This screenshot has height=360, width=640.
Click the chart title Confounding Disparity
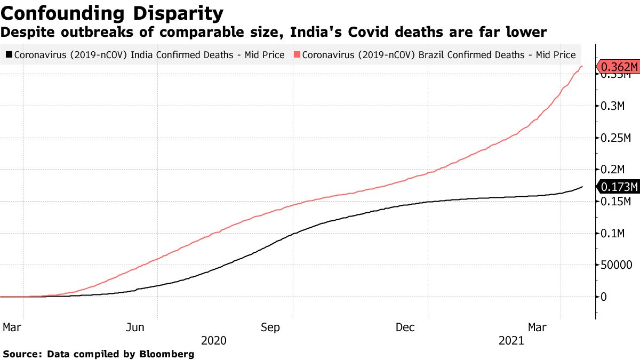point(113,12)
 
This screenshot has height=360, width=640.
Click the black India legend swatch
point(9,54)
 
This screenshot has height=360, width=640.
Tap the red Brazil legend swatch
point(296,54)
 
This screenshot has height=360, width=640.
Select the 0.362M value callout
point(619,67)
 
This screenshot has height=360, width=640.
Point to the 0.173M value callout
point(619,187)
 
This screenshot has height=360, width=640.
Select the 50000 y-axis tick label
point(617,265)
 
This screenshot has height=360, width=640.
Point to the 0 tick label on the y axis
point(604,297)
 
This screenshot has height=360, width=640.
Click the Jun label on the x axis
point(135,327)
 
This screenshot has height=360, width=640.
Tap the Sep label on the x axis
point(270,327)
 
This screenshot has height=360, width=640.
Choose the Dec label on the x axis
point(405,327)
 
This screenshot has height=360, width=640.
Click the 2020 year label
point(214,341)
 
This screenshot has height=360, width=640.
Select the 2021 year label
point(511,341)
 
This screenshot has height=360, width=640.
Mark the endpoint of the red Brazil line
point(582,66)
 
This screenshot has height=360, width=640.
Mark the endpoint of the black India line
point(582,187)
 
